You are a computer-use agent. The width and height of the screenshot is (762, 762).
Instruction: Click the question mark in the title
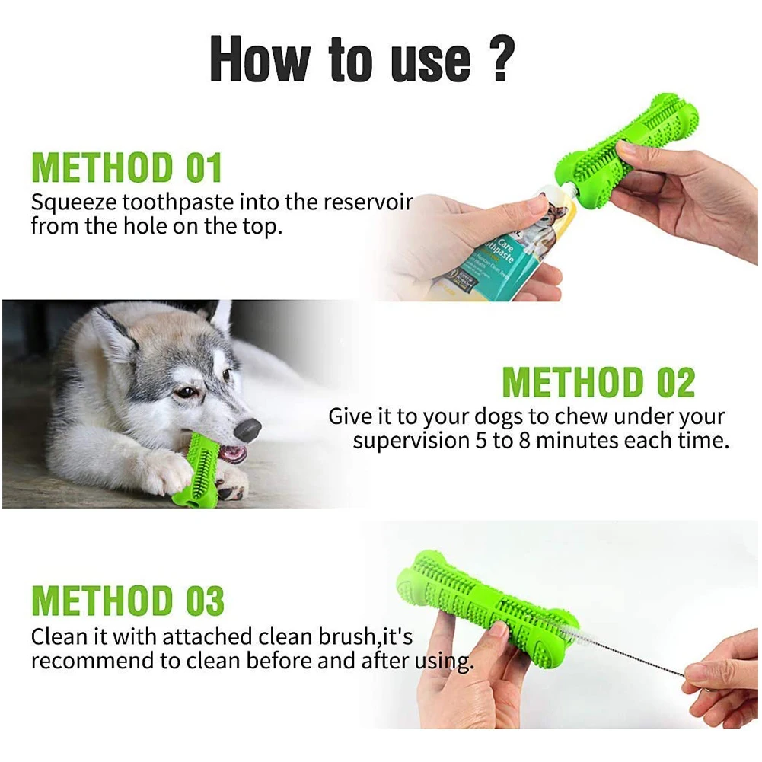(504, 59)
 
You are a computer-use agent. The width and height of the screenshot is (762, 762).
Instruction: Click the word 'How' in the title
(260, 59)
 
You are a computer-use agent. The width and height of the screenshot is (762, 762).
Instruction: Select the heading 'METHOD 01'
(127, 167)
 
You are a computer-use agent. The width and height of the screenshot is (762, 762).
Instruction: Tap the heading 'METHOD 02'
(598, 382)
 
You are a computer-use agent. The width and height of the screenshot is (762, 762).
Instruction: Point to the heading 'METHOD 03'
(128, 601)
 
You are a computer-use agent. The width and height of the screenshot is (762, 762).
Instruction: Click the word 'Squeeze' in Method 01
(73, 203)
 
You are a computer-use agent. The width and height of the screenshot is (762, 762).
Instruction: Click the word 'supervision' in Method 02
(410, 441)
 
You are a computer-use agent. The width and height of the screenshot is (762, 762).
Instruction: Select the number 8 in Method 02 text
(524, 441)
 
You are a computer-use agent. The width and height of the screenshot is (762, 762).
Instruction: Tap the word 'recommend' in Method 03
(92, 661)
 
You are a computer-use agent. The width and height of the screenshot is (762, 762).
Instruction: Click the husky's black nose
(247, 429)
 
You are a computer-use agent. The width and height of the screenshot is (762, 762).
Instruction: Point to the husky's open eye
(186, 392)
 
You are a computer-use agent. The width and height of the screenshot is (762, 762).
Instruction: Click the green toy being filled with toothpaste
(628, 150)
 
